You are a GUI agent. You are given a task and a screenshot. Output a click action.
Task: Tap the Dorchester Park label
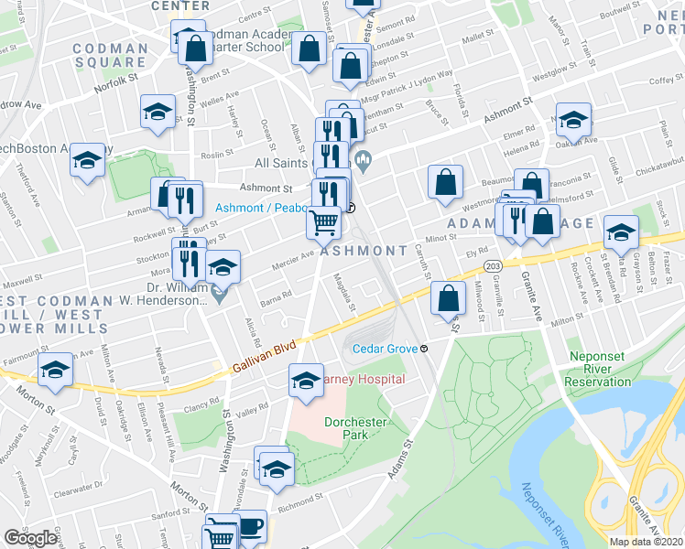point(357,428)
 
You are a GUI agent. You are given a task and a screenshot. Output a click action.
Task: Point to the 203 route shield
point(493,265)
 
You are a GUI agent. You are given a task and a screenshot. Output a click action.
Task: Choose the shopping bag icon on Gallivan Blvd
point(447,297)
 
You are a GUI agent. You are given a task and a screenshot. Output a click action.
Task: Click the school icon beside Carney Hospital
point(306,382)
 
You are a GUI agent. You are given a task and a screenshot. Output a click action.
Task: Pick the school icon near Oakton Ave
point(574,120)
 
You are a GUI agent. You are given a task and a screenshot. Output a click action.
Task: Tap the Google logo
point(30,537)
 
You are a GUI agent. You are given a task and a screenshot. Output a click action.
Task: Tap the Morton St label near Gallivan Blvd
point(29,397)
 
